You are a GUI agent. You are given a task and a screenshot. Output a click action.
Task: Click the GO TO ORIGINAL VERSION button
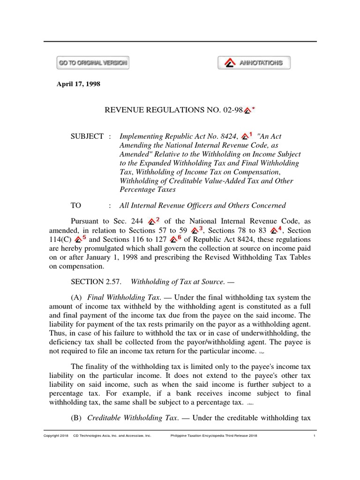93,63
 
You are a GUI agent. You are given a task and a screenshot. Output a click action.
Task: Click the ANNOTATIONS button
254,63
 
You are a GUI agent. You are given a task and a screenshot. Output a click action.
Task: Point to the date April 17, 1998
79,84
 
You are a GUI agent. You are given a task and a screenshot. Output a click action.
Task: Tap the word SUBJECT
87,136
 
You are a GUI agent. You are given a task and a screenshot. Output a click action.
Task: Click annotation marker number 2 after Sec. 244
154,221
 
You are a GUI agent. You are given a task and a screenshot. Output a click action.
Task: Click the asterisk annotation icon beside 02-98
249,111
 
